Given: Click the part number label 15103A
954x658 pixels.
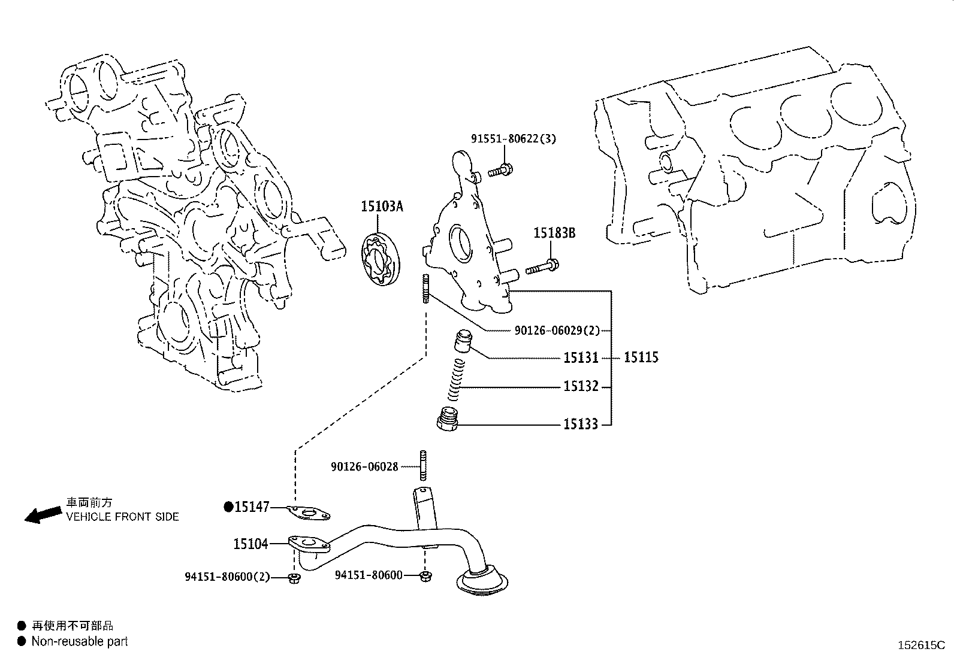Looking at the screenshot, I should click(x=382, y=207).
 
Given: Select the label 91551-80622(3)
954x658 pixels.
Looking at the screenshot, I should click(x=513, y=139).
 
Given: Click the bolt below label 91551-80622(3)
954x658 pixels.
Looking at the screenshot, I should click(x=499, y=170).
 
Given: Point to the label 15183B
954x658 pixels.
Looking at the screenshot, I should click(x=554, y=234).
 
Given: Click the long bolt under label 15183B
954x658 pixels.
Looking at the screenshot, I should click(x=542, y=267).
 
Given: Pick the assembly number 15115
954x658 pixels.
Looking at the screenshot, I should click(x=641, y=357).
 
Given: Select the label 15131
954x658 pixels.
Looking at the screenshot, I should click(x=581, y=358).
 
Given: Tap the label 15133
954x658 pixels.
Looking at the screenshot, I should click(x=581, y=424).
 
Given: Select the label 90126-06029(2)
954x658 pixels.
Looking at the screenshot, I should click(x=557, y=330).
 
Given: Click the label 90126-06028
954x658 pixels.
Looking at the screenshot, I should click(x=364, y=466).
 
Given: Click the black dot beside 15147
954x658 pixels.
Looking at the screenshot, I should click(x=228, y=507).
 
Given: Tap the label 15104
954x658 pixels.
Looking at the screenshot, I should click(x=250, y=544).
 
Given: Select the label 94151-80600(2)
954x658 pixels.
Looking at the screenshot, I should click(x=227, y=577).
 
